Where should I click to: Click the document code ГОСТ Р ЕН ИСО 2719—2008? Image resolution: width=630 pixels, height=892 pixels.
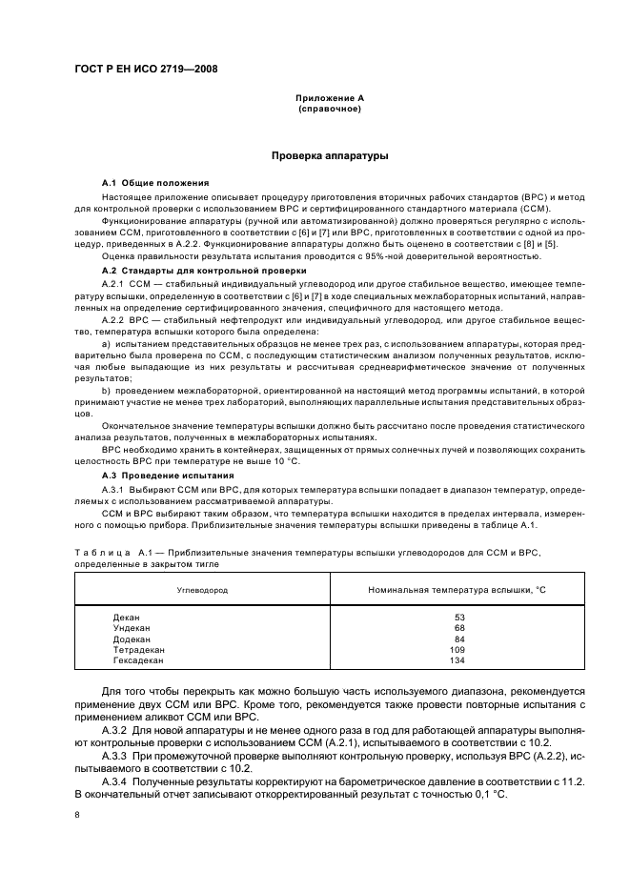pyautogui.click(x=138, y=69)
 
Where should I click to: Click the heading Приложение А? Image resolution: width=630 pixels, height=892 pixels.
pyautogui.click(x=329, y=98)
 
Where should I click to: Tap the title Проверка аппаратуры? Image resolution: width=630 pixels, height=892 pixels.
pyautogui.click(x=329, y=154)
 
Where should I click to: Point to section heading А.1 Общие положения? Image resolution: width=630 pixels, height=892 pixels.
pyautogui.click(x=155, y=182)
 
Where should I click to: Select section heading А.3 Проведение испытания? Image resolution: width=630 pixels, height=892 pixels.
pyautogui.click(x=168, y=475)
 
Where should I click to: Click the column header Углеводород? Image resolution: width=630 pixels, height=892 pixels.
pyautogui.click(x=202, y=590)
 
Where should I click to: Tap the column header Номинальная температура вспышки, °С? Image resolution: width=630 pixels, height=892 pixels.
pyautogui.click(x=457, y=590)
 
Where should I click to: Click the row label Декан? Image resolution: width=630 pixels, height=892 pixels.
pyautogui.click(x=126, y=617)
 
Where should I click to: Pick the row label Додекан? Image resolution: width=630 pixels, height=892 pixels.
pyautogui.click(x=131, y=638)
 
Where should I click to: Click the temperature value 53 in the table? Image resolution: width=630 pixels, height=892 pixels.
pyautogui.click(x=458, y=617)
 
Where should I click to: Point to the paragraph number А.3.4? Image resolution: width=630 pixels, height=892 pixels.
pyautogui.click(x=117, y=780)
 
